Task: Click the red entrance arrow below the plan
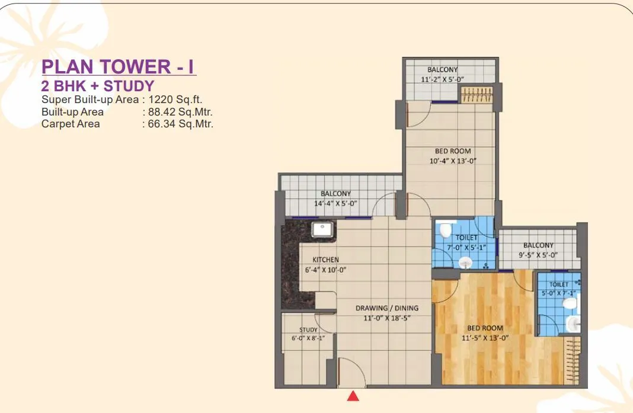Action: [x=353, y=396]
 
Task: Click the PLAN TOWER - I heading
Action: [x=119, y=67]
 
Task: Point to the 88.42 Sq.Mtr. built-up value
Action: [x=180, y=112]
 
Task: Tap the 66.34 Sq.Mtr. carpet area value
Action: [x=180, y=124]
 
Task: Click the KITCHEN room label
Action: [x=325, y=260]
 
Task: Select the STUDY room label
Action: [x=309, y=329]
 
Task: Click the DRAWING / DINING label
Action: [x=387, y=308]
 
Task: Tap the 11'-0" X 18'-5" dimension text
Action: [x=387, y=318]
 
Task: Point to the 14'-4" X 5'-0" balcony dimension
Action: [x=335, y=203]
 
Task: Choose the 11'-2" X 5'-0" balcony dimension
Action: [x=442, y=79]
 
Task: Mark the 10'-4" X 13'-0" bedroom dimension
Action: [x=453, y=161]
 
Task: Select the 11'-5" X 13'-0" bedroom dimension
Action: [x=485, y=338]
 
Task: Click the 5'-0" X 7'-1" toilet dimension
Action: [x=558, y=293]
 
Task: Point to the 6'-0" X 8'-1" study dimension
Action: [x=309, y=338]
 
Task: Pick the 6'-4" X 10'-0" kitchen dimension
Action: [x=325, y=270]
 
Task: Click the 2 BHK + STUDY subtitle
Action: [x=98, y=85]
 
